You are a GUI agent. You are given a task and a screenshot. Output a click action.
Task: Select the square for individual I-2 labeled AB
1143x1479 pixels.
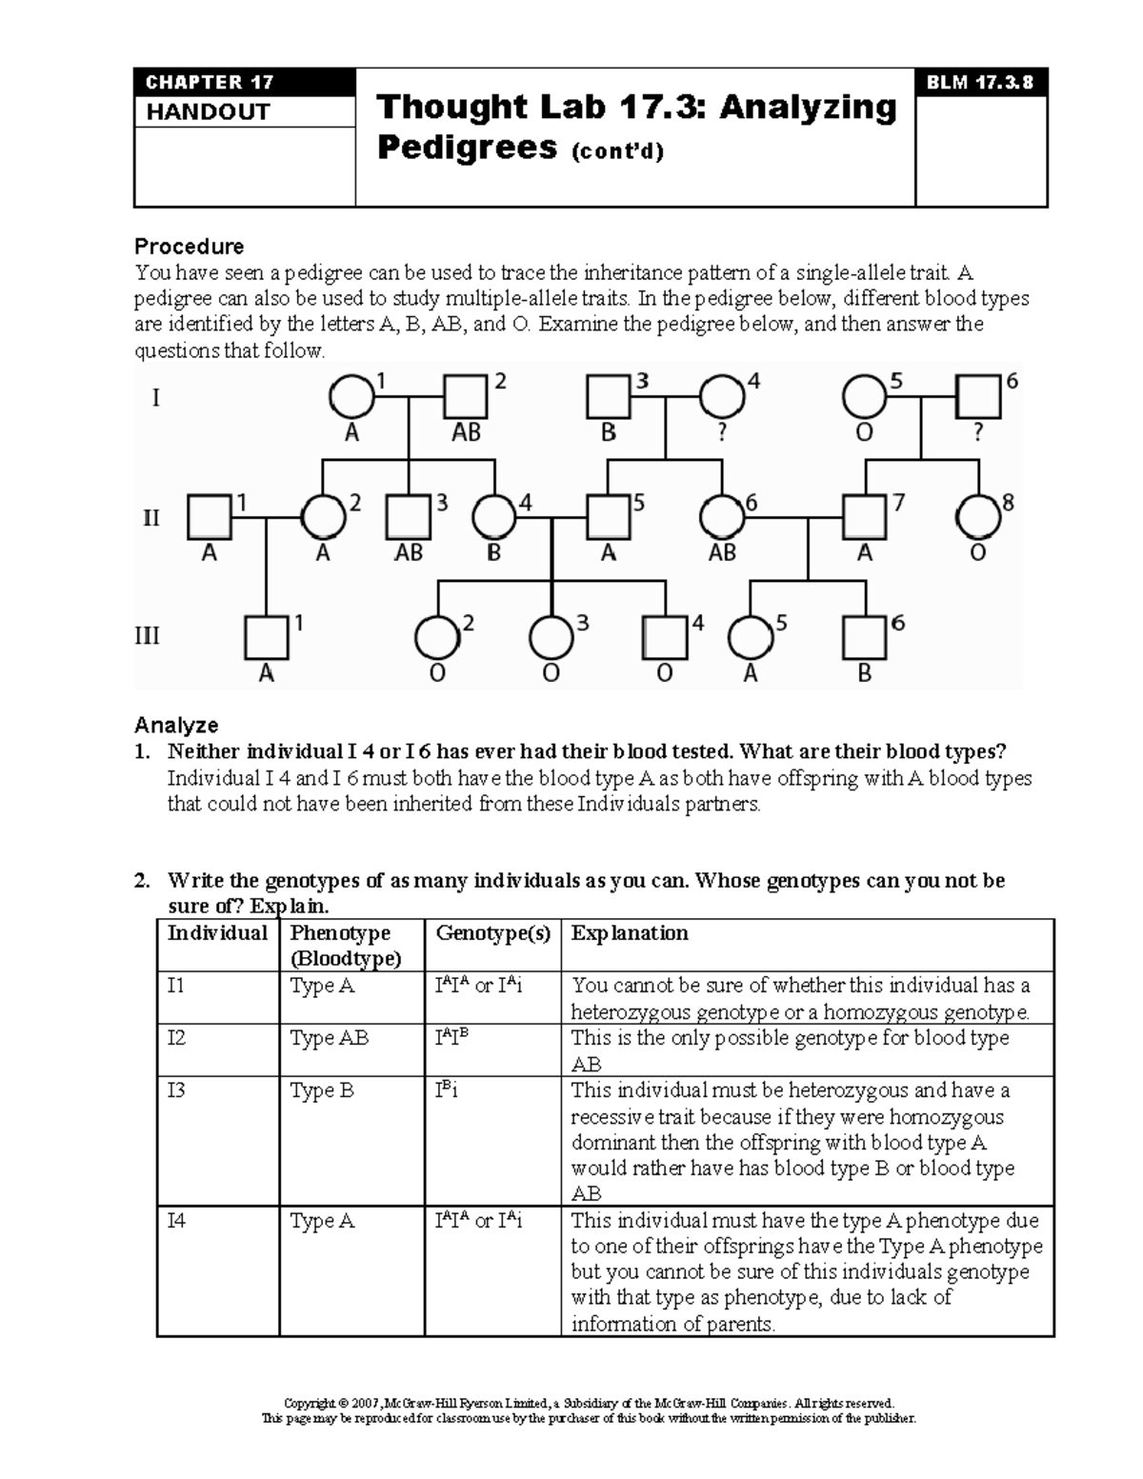coord(466,396)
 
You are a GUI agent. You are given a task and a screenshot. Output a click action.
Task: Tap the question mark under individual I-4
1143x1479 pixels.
coord(722,433)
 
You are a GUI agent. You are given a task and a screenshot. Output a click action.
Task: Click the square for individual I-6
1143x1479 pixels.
coord(978,396)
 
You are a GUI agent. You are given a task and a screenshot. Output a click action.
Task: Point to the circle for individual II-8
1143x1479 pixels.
coord(978,517)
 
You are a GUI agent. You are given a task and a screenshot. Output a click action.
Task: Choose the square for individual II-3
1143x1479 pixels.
coord(409,517)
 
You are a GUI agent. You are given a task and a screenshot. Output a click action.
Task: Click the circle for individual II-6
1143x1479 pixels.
coord(722,517)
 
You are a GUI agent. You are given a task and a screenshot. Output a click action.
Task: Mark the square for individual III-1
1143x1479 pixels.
coord(267,637)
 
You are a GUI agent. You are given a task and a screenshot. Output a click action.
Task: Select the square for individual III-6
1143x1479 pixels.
coord(865,637)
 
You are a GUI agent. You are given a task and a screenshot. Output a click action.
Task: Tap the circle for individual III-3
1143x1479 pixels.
coord(551,637)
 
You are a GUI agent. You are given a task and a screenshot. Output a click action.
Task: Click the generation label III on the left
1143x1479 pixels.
coord(147,635)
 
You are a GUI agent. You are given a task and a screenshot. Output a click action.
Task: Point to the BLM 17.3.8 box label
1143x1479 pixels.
coord(980,82)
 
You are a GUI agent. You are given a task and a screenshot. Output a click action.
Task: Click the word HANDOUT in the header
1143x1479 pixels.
coord(208,112)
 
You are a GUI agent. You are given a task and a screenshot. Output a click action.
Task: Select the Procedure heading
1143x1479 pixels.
coord(189,247)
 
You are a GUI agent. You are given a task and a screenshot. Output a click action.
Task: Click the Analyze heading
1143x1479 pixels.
coord(176,726)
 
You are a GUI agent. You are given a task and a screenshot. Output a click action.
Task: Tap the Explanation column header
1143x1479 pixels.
coord(630,933)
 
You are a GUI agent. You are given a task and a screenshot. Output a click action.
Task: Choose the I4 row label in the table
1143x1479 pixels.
coord(176,1220)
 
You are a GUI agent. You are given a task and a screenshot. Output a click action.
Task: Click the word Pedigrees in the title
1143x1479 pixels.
coord(467,148)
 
